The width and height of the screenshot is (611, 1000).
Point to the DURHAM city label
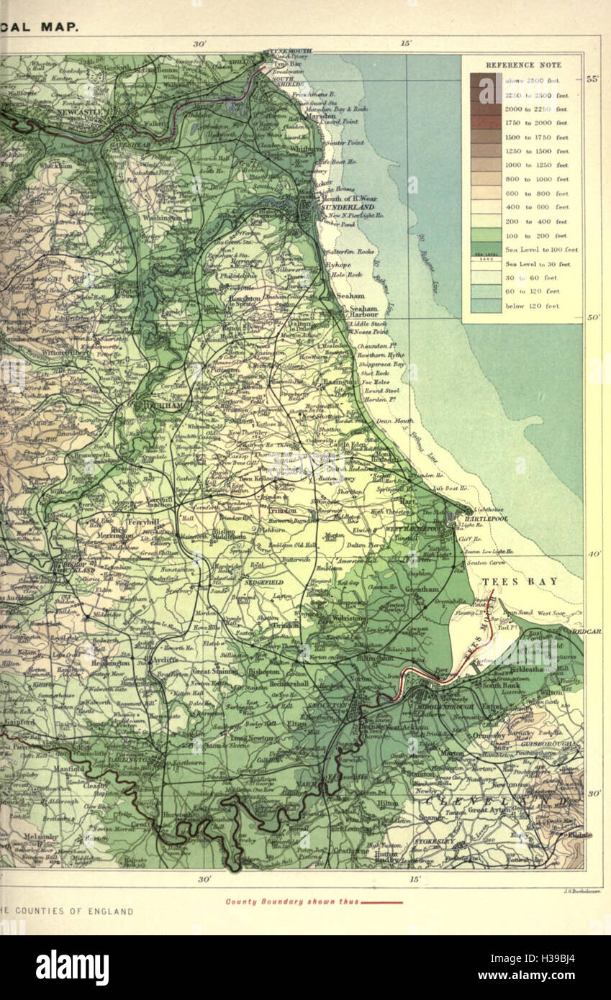click(x=162, y=406)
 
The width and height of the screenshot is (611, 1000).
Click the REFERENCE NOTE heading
click(x=522, y=65)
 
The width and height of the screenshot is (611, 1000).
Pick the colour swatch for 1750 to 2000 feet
click(x=486, y=122)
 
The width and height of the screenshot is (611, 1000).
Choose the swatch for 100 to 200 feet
click(x=486, y=235)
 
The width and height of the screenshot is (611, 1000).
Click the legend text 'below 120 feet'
click(x=532, y=306)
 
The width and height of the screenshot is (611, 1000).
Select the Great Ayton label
click(x=488, y=810)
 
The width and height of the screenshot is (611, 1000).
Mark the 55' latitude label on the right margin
click(x=592, y=79)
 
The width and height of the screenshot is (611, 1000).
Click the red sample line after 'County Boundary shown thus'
click(x=381, y=901)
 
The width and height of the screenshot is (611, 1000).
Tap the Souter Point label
click(x=344, y=142)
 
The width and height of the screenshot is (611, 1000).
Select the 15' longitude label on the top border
click(x=406, y=43)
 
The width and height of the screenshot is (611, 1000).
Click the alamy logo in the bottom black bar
click(x=73, y=967)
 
